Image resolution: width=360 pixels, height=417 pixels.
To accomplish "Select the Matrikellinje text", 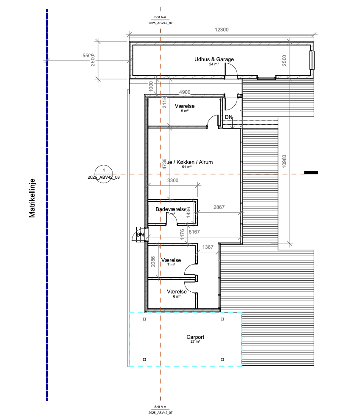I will click(x=32, y=198).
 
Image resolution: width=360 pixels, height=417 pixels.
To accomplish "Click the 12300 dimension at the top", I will click(x=222, y=30).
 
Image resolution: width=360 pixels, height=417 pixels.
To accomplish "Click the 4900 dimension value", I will click(x=184, y=92).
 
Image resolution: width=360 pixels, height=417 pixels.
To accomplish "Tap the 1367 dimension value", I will click(x=208, y=247).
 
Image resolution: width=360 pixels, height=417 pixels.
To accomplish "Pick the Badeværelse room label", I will click(x=171, y=209).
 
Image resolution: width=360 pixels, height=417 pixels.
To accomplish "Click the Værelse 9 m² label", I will click(x=184, y=106).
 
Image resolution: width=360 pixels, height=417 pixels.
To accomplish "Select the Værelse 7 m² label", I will click(x=171, y=260).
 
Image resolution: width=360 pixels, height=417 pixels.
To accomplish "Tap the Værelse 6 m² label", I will click(x=177, y=292).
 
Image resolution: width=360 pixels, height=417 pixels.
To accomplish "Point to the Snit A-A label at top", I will click(x=160, y=18).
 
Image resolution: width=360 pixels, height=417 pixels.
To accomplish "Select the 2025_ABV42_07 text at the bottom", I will click(x=160, y=412).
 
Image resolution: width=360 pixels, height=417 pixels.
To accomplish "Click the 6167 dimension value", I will click(x=194, y=232).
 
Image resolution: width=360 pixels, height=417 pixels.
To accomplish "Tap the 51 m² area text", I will click(x=187, y=167).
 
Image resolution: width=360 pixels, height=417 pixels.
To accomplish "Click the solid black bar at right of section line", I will click(x=311, y=172).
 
